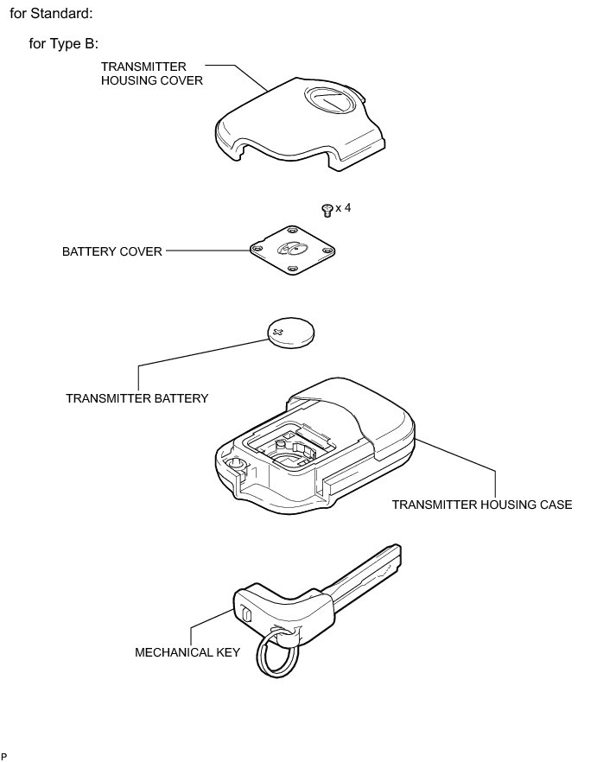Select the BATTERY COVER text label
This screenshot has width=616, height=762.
click(x=111, y=252)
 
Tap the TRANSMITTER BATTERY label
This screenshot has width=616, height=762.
click(x=137, y=398)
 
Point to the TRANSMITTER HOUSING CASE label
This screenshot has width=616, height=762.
click(x=481, y=505)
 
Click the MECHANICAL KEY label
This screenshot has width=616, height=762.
click(x=187, y=652)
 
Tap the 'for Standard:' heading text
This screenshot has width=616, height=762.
click(x=52, y=16)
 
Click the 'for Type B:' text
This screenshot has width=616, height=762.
click(x=67, y=44)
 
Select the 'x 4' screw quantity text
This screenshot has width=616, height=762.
click(x=343, y=208)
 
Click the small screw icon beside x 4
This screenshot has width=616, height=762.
click(x=327, y=210)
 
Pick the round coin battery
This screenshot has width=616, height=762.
click(x=289, y=333)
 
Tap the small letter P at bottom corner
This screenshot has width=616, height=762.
click(x=4, y=756)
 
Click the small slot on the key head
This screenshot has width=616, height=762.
click(x=246, y=615)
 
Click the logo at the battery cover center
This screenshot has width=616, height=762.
click(x=289, y=250)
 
